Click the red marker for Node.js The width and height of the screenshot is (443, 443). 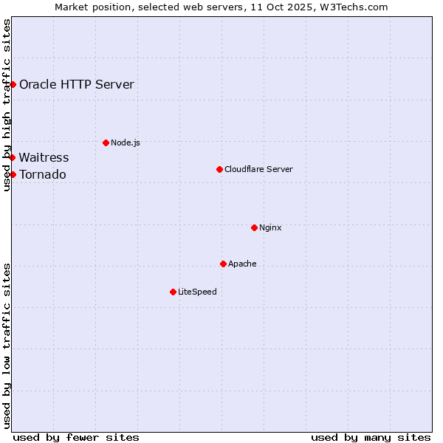click(106, 142)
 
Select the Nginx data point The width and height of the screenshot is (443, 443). click(254, 227)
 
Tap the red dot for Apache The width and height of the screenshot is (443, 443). click(223, 264)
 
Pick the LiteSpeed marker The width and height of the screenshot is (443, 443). click(173, 292)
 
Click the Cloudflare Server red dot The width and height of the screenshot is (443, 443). click(219, 169)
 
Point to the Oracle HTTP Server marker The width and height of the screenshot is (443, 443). click(13, 84)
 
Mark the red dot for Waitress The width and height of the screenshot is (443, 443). click(12, 157)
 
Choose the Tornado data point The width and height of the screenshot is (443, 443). click(13, 174)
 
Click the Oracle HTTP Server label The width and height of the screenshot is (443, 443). click(77, 84)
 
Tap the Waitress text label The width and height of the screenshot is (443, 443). click(44, 157)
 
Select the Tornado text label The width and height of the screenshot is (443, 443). click(42, 174)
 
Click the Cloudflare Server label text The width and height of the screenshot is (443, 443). click(258, 169)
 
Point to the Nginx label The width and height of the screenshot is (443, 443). click(270, 227)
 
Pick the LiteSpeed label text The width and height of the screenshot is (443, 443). click(197, 292)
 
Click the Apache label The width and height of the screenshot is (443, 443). click(242, 264)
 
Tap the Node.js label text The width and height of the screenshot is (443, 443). click(126, 142)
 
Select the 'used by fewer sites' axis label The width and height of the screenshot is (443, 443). click(76, 437)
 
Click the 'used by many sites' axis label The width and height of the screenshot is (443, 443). click(371, 437)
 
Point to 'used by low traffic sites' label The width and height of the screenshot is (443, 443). click(7, 346)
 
